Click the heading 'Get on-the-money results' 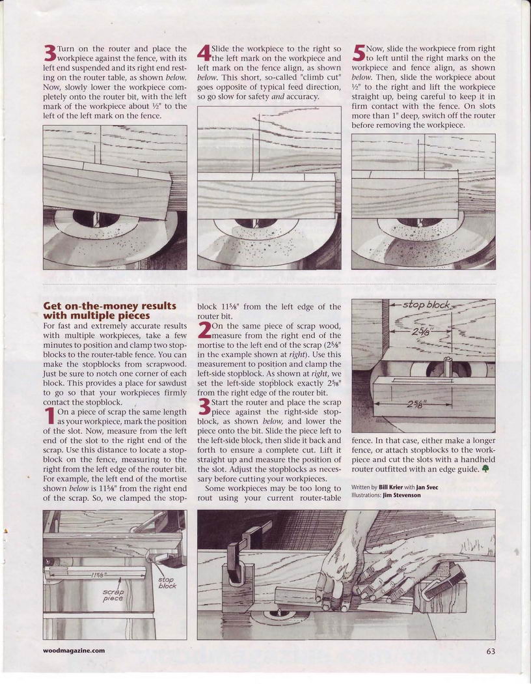[109, 306]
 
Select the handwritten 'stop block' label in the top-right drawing [427, 305]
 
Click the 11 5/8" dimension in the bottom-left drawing [99, 574]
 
